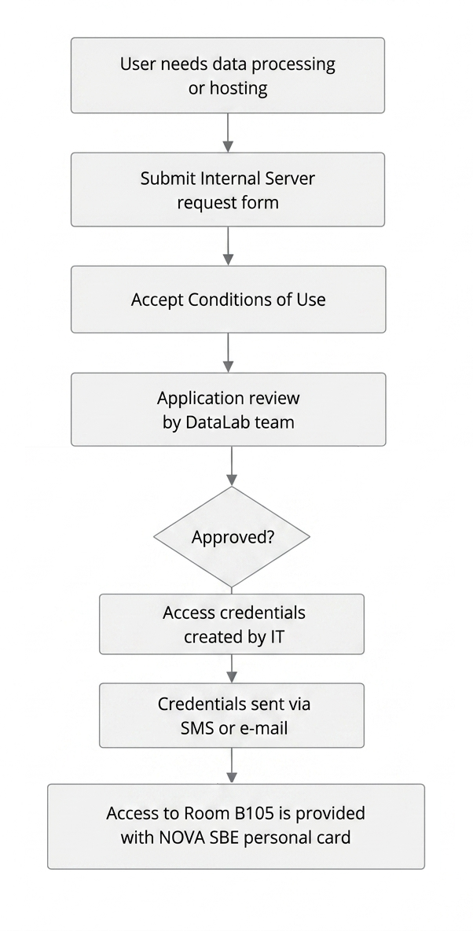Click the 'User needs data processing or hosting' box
click(228, 75)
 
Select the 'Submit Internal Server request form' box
click(228, 190)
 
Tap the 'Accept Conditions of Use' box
click(229, 300)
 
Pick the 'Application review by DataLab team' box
click(229, 409)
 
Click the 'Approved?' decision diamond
click(232, 537)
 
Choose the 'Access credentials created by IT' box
click(232, 624)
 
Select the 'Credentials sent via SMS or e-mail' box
click(232, 716)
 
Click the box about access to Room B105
click(236, 826)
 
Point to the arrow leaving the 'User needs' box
click(228, 133)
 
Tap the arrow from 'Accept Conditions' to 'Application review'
click(229, 353)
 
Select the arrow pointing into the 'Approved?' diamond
click(232, 467)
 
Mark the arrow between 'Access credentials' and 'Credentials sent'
click(232, 669)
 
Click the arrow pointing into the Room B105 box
click(232, 766)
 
